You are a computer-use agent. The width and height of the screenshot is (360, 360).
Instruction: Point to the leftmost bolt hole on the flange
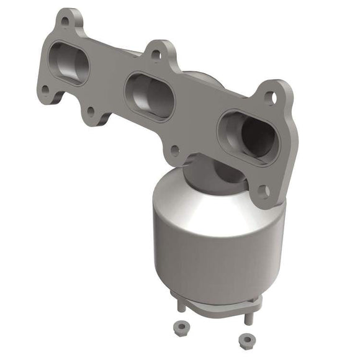coord(45,89)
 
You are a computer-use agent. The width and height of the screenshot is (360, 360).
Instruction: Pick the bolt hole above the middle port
coord(155,55)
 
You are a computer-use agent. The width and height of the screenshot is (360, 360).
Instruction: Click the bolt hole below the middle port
coord(175,150)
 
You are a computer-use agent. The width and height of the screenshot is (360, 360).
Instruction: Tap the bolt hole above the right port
coord(270,97)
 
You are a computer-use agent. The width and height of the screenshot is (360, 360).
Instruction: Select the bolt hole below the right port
coord(264,190)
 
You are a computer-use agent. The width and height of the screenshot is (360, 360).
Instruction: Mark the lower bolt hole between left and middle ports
coord(91,111)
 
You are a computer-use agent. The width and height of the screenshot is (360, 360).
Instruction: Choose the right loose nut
coord(247,340)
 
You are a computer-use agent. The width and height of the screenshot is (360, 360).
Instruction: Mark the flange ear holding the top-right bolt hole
coord(273,93)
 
